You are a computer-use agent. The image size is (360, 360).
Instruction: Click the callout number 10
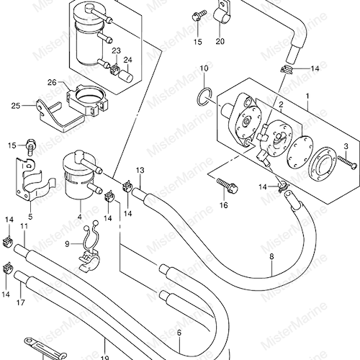click(204, 68)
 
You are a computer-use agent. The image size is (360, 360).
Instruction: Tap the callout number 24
click(128, 60)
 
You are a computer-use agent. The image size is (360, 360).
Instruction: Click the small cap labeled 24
click(125, 76)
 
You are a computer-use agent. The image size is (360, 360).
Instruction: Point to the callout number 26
click(52, 83)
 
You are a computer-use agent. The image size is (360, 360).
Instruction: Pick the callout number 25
click(16, 106)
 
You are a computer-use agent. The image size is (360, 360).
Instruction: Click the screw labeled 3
click(347, 163)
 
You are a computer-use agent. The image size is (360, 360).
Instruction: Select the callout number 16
click(223, 205)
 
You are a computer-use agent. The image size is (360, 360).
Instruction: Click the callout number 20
click(220, 41)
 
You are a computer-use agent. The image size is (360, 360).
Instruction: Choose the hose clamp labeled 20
click(222, 13)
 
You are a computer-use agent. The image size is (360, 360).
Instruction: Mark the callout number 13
click(140, 171)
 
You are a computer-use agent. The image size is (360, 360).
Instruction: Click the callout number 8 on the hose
click(271, 256)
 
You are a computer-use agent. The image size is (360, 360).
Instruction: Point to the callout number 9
click(67, 244)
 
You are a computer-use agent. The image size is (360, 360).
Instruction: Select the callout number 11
click(24, 226)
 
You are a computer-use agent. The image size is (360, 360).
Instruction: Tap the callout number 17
click(21, 302)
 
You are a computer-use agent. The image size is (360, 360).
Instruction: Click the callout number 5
click(30, 217)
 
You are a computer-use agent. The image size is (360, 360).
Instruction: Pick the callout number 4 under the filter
click(80, 217)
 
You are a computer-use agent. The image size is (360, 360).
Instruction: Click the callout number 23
click(116, 51)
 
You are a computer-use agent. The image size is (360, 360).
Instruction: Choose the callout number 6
click(179, 333)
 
